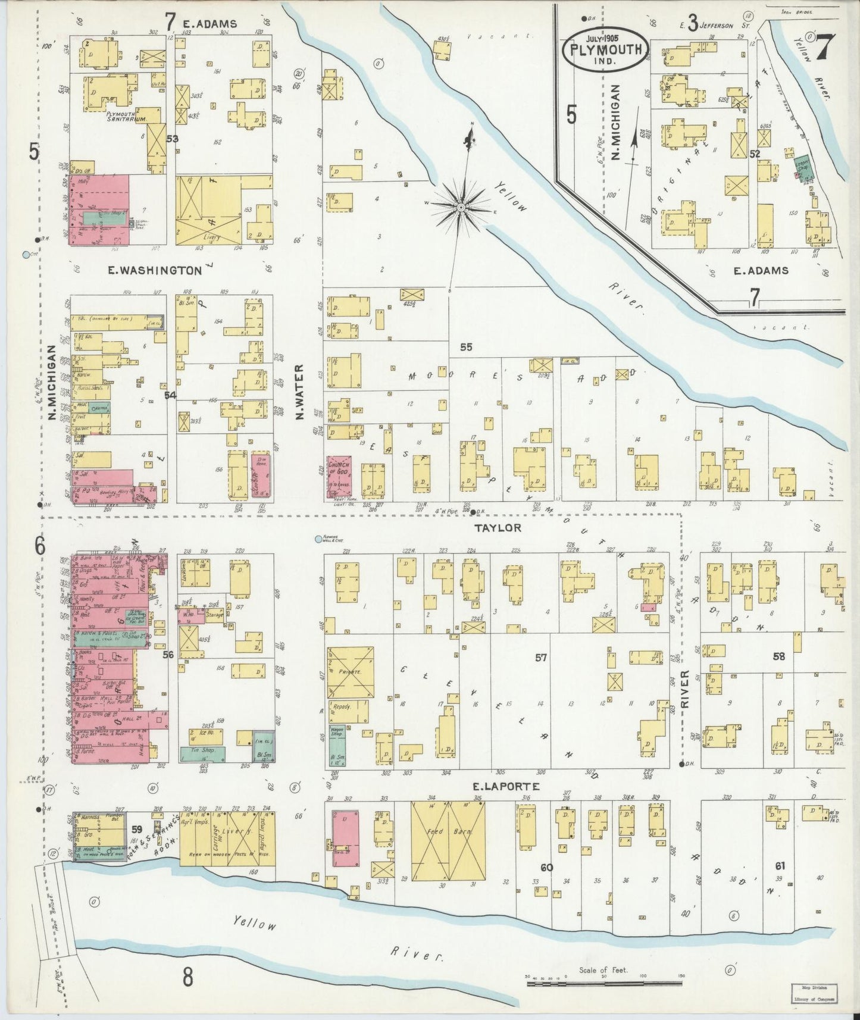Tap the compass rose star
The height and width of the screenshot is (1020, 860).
[461, 206]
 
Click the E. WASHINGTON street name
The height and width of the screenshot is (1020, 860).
[155, 270]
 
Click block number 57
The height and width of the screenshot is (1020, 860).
[540, 658]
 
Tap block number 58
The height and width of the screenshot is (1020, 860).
[778, 656]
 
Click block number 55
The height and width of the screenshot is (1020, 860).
[465, 346]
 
